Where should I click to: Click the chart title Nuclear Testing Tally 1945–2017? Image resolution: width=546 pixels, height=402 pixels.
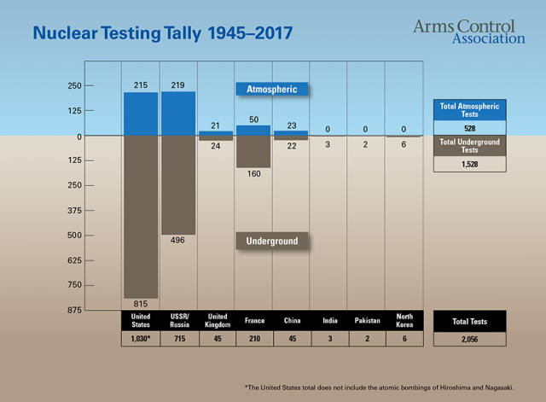click(x=162, y=34)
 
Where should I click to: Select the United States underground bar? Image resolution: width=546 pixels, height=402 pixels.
click(x=141, y=217)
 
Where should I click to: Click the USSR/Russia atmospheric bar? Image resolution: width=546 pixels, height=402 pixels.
click(x=178, y=114)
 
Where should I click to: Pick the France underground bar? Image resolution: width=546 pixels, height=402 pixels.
click(x=253, y=152)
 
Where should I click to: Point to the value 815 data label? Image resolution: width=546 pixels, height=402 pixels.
click(x=141, y=304)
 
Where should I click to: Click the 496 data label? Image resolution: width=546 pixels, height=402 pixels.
click(x=178, y=241)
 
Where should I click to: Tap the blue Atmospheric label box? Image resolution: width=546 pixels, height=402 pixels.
click(x=271, y=88)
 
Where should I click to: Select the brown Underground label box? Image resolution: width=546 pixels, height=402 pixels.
click(x=271, y=242)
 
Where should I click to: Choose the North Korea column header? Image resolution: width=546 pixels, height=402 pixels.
click(x=404, y=320)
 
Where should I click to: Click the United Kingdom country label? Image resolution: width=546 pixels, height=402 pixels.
click(x=216, y=320)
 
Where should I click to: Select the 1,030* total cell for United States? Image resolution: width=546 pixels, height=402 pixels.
click(x=141, y=339)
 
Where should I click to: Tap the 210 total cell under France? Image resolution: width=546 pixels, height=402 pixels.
click(x=253, y=339)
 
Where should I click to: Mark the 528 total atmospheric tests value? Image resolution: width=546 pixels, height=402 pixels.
click(x=470, y=126)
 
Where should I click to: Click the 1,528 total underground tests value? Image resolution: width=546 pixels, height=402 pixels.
click(x=470, y=163)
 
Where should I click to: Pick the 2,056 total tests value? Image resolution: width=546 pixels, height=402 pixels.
click(x=470, y=339)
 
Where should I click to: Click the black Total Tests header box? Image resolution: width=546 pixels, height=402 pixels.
click(x=470, y=321)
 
